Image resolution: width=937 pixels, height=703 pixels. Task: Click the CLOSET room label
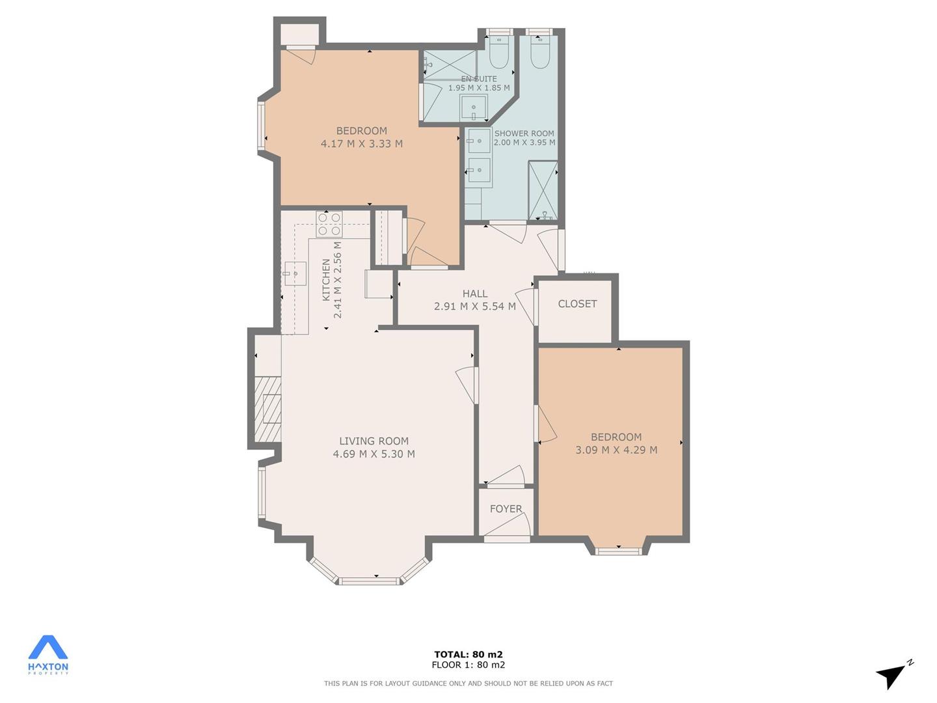point(577,303)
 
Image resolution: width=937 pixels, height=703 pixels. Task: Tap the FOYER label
point(506,509)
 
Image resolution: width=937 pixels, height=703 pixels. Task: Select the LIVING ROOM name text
point(374,441)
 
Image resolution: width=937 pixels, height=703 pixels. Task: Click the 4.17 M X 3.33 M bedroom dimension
point(362,143)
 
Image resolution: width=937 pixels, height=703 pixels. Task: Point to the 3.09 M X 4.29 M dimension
point(616,449)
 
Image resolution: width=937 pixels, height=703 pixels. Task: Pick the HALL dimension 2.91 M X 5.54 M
point(475,306)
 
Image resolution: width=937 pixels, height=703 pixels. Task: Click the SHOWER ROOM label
point(524,133)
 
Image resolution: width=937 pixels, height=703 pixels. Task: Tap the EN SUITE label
point(479,79)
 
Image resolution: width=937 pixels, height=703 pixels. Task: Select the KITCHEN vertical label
point(326,280)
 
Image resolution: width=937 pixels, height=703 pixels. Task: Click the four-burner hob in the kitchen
point(329,224)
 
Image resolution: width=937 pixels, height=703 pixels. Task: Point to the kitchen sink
point(295,273)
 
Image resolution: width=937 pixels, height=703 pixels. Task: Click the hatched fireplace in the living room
point(267,409)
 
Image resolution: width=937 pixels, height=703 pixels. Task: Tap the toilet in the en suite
point(499,53)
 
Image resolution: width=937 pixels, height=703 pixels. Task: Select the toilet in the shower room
point(540,53)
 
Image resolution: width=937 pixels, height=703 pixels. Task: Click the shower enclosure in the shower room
point(543,190)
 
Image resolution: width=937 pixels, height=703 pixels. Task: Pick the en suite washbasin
point(474,107)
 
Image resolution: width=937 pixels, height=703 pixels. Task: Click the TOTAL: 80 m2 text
point(468,654)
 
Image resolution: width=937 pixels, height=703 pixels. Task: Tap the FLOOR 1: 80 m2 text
point(468,665)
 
